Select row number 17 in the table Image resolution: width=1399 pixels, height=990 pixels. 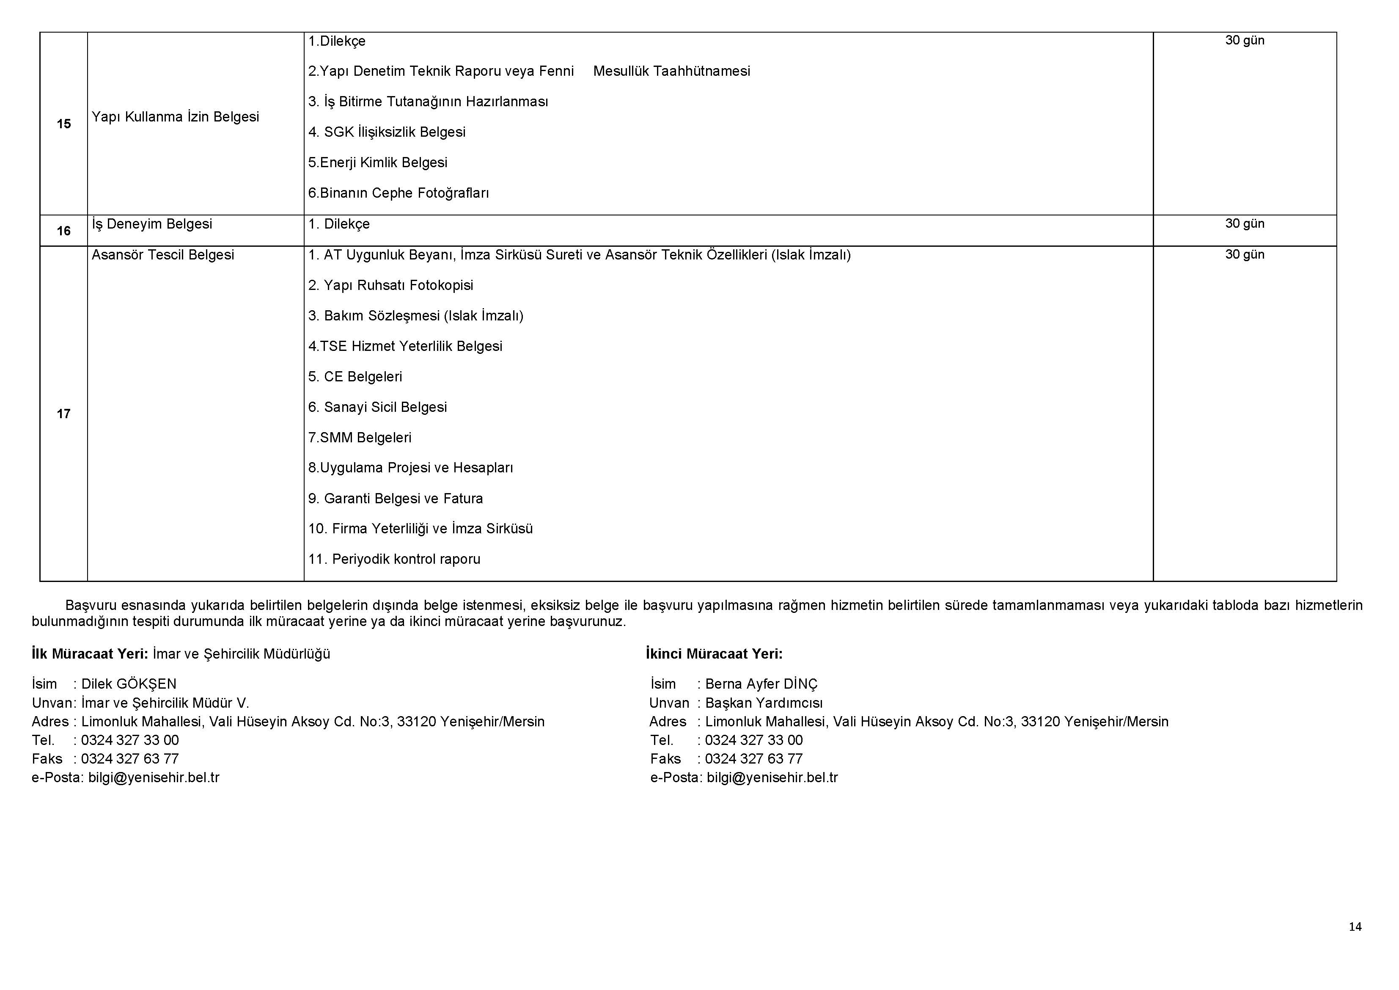[x=63, y=414]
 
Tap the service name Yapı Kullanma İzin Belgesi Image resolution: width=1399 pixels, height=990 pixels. [x=176, y=117]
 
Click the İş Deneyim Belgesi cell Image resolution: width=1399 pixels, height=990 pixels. [x=152, y=224]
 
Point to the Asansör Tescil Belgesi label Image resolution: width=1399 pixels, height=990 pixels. [x=163, y=255]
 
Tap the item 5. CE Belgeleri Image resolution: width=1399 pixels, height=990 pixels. [x=355, y=377]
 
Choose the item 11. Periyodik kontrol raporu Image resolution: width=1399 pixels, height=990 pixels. [x=394, y=559]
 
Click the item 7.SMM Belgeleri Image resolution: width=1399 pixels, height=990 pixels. [x=360, y=438]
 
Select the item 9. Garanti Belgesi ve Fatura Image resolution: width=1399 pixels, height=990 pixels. [x=396, y=499]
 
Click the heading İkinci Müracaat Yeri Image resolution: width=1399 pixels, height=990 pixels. [x=714, y=654]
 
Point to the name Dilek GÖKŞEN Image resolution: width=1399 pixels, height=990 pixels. [x=129, y=684]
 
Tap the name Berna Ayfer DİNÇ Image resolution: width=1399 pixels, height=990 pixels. [x=761, y=684]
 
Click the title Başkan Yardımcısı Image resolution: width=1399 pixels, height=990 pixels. [x=764, y=703]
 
